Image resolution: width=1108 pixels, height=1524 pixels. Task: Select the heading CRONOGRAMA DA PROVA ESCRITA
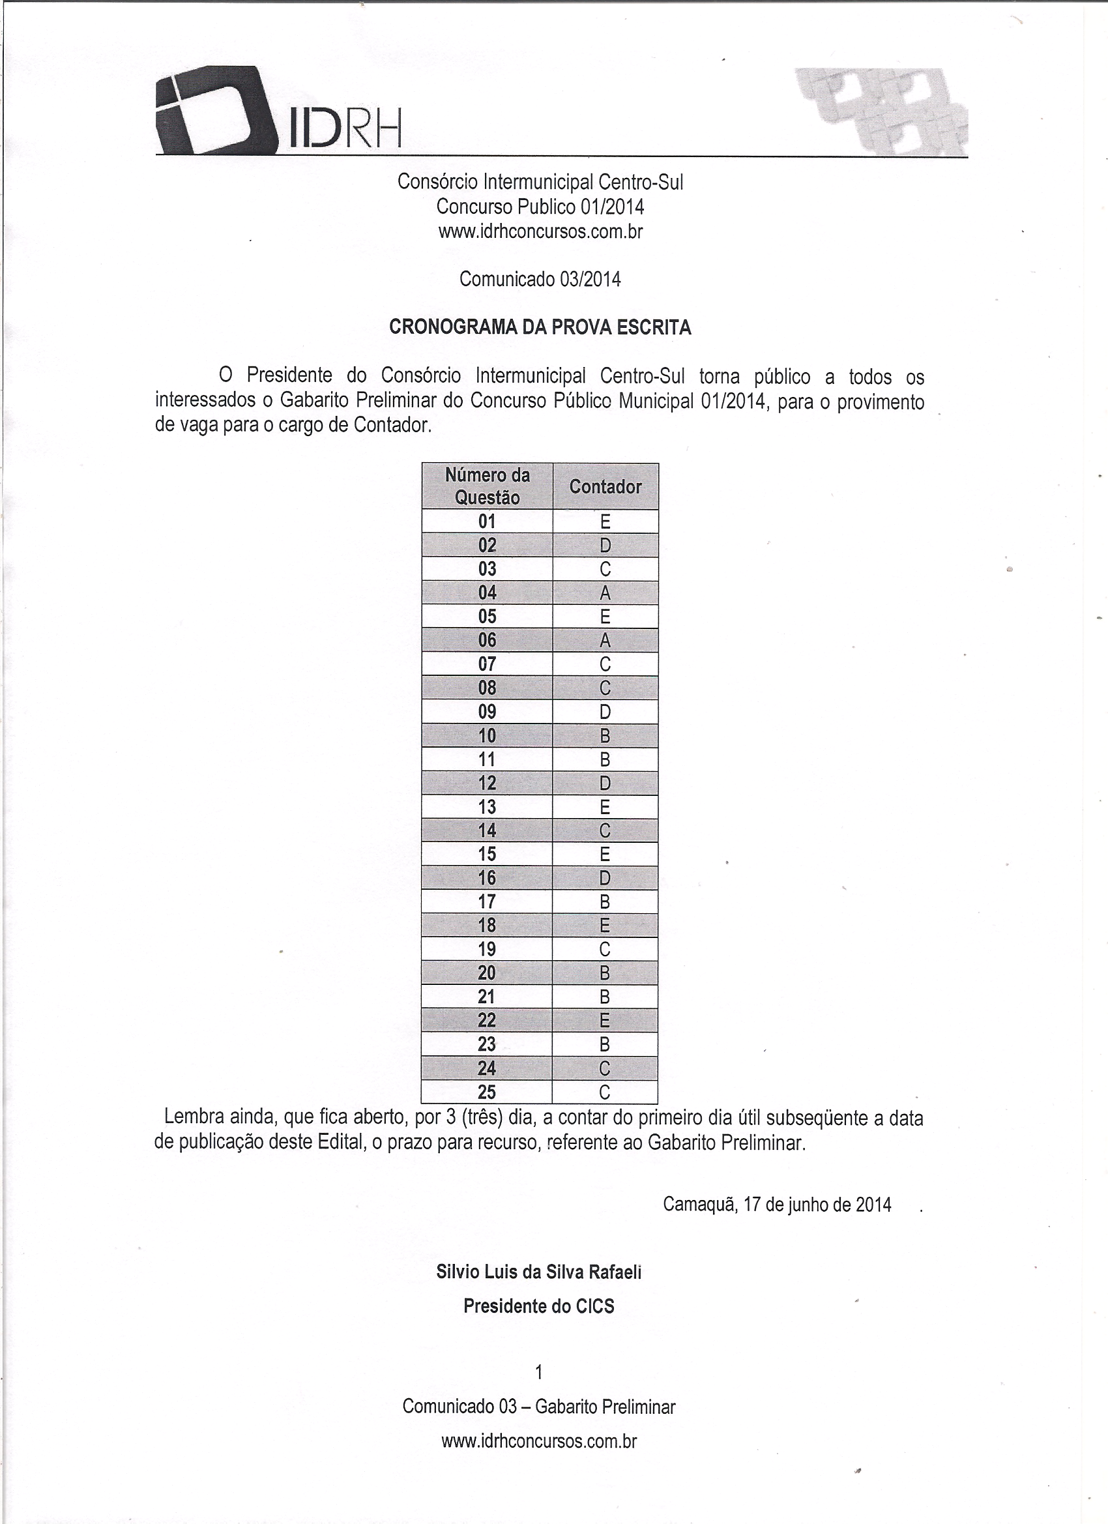tap(540, 327)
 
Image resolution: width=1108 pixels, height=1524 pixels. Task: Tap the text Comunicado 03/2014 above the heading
tap(540, 279)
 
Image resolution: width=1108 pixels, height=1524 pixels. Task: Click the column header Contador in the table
tap(605, 486)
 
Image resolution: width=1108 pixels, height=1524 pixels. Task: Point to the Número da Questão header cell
tap(487, 486)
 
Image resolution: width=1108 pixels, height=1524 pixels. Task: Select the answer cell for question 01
tap(605, 521)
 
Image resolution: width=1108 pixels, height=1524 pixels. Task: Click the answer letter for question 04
tap(605, 593)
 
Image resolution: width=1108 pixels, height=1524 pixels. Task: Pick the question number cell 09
tap(487, 712)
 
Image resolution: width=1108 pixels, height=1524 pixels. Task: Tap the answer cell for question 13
tap(605, 806)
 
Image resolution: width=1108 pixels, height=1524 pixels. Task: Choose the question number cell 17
tap(487, 901)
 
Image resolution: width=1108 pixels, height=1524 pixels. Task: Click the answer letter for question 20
tap(605, 973)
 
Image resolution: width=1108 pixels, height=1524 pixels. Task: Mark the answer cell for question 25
tap(605, 1092)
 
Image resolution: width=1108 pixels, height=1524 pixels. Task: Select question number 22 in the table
tap(487, 1020)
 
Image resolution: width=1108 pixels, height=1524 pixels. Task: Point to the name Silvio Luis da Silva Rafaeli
tap(539, 1272)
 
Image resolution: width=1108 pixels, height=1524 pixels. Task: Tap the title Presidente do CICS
tap(539, 1306)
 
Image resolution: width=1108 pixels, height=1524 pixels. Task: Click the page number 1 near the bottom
tap(538, 1372)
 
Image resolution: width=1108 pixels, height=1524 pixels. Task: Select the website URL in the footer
tap(539, 1441)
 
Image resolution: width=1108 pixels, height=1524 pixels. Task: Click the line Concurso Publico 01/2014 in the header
tap(540, 206)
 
